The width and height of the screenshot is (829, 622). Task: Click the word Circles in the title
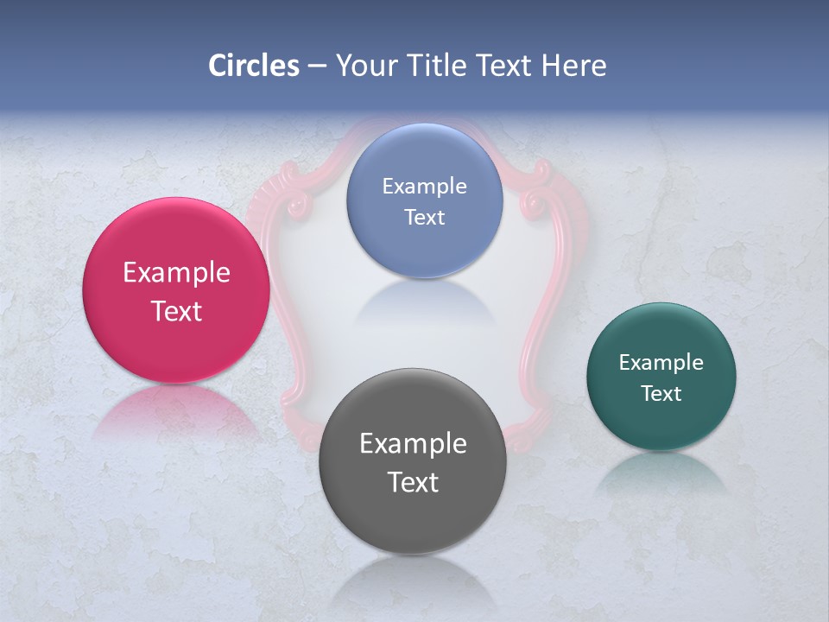253,66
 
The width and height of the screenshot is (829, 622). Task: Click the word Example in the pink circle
176,273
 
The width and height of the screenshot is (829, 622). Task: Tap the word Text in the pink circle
176,311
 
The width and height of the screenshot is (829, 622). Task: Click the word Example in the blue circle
424,187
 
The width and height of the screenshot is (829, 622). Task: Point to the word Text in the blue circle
424,217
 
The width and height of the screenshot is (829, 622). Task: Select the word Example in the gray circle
413,444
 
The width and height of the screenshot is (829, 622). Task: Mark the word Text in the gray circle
413,482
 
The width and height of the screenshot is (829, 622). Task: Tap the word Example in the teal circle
661,363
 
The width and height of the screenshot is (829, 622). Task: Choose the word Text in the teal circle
661,394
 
